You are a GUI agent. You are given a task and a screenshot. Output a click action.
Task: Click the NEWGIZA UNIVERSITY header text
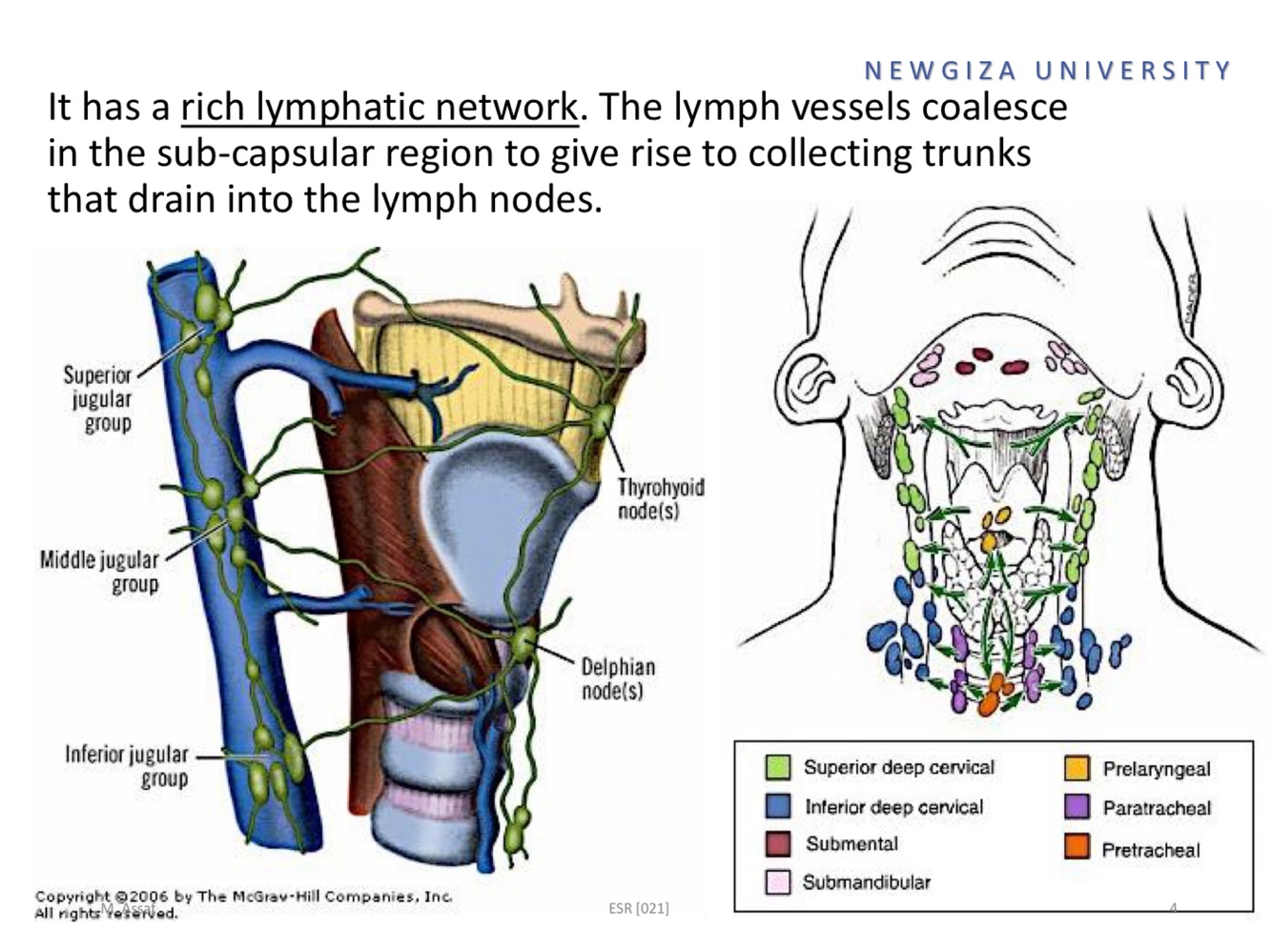point(1048,71)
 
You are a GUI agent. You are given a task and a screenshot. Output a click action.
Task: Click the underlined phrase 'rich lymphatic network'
point(379,107)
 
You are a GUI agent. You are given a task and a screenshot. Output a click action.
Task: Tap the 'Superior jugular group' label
point(99,398)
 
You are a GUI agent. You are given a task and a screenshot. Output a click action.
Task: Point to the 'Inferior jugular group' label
point(128,766)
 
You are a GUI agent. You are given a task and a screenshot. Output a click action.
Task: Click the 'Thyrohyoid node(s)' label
point(660,498)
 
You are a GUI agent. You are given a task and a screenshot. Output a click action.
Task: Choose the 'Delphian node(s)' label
point(618,677)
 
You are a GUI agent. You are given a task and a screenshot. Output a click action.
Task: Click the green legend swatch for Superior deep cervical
point(778,767)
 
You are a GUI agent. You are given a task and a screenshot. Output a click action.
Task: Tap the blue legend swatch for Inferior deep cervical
point(778,806)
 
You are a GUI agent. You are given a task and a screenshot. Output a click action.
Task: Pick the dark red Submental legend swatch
point(778,843)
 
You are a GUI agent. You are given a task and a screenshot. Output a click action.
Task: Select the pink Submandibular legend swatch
point(778,881)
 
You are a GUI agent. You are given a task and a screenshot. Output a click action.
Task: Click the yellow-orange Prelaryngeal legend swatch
point(1077,768)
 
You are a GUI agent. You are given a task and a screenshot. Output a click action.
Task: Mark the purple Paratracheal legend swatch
point(1077,807)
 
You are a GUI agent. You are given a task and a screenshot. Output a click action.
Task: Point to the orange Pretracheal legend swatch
point(1077,847)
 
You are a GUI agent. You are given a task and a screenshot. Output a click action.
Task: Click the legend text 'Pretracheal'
point(1150,849)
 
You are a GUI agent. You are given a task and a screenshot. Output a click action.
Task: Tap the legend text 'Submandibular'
point(866,882)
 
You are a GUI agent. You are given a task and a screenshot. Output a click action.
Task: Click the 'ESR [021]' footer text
point(638,908)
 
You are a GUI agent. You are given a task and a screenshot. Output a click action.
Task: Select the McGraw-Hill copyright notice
point(243,903)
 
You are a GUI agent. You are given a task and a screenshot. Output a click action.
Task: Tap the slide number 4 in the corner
point(1174,908)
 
